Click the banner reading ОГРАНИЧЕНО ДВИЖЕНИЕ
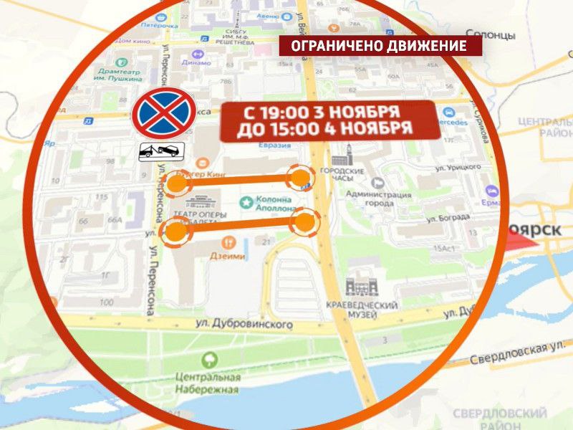tap(380, 47)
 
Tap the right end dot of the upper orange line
tap(299, 178)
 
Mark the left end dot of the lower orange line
tap(175, 231)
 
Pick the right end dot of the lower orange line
tap(305, 221)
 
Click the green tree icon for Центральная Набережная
tap(210, 360)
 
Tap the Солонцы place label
tap(490, 34)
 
